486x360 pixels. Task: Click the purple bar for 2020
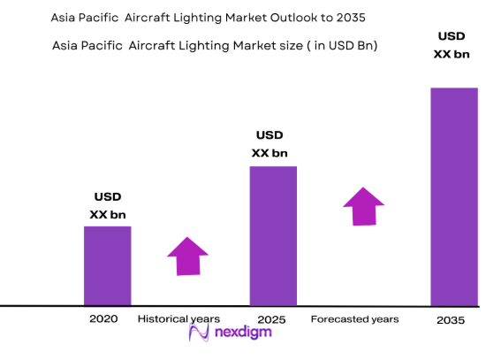(107, 265)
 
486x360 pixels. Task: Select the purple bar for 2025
(272, 235)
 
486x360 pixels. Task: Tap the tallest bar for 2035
(453, 195)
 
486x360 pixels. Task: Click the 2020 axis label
(103, 318)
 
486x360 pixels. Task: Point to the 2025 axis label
(271, 318)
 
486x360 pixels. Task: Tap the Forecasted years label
(354, 318)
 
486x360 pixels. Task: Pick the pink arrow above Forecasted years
(364, 206)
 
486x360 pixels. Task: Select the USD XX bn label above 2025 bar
(270, 144)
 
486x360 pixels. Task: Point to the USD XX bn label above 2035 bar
(452, 45)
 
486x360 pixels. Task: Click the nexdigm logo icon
(199, 333)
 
